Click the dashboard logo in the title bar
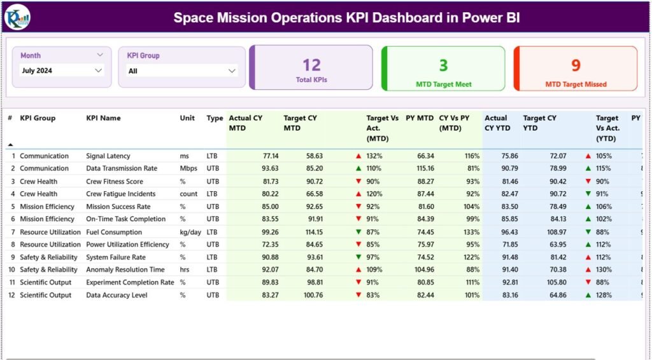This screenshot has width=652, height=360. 17,17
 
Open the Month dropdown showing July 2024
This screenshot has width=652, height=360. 61,71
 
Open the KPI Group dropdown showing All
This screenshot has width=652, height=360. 181,71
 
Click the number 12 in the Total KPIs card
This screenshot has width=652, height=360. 311,65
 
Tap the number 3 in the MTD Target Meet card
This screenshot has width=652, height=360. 443,65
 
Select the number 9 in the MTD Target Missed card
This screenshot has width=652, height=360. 576,65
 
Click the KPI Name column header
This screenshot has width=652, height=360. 103,118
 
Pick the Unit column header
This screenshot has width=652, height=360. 187,118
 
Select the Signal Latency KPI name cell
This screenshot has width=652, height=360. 108,156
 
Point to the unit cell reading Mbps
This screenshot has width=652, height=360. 187,169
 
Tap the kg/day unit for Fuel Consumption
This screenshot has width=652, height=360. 190,232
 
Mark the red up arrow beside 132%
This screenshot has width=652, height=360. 358,156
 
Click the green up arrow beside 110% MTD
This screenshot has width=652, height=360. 358,169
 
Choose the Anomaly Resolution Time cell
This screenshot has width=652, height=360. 125,270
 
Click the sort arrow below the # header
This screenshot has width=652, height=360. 10,145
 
